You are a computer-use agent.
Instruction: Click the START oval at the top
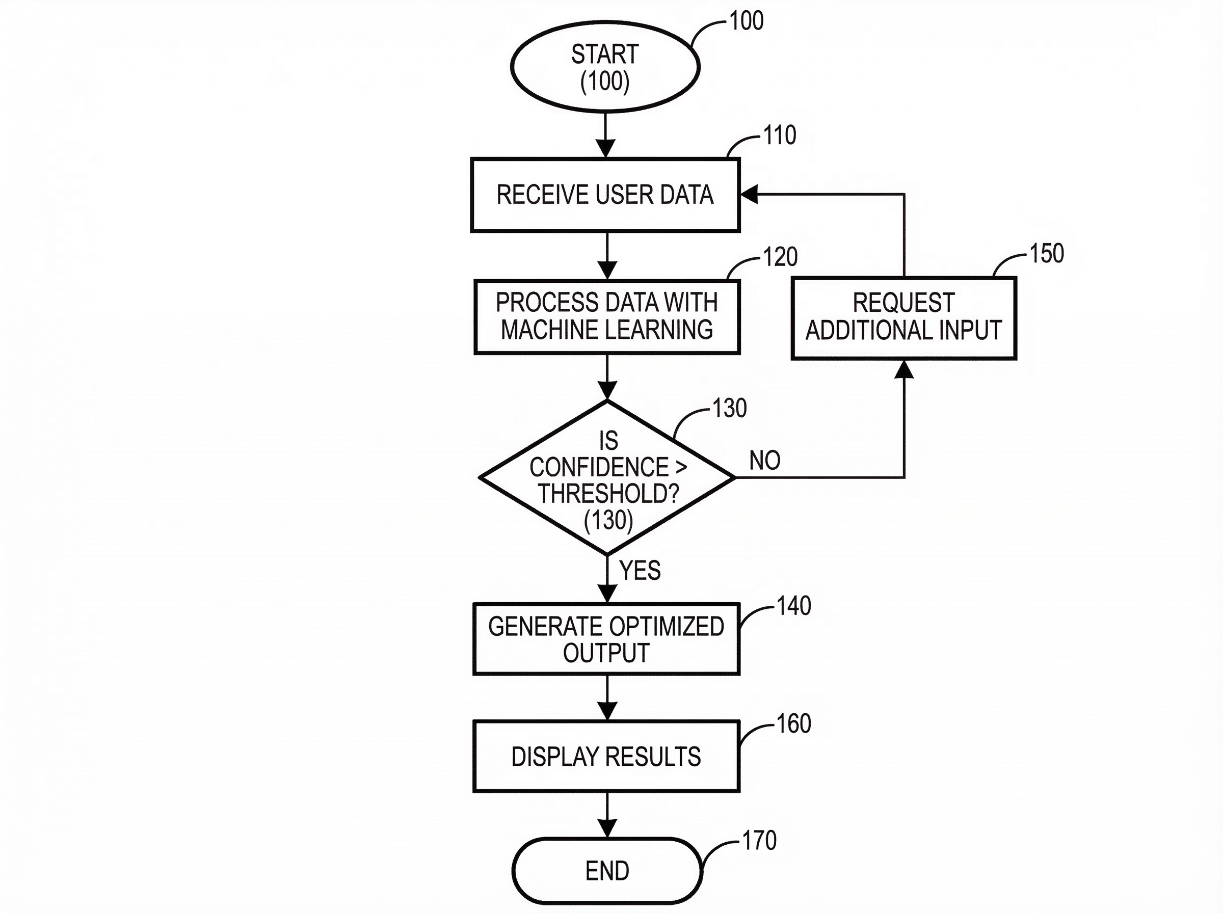coord(605,67)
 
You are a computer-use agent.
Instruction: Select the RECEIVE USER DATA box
coord(605,195)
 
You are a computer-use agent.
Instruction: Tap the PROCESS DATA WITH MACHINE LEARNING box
coord(607,317)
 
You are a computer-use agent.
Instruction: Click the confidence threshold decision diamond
coord(607,477)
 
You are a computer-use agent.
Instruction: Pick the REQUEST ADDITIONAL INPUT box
coord(903,318)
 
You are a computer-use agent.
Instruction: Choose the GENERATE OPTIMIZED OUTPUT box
coord(606,639)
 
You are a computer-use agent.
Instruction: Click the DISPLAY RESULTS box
coord(606,757)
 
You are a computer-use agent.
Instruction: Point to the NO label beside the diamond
coord(765,461)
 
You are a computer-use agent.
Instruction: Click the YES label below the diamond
coord(640,570)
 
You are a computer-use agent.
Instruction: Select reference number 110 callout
coord(780,135)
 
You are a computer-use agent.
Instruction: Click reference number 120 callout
coord(780,257)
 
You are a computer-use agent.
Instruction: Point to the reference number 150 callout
coord(1047,254)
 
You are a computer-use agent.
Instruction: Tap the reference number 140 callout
coord(794,606)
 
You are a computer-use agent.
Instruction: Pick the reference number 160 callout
coord(794,723)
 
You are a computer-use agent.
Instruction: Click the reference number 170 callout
coord(759,841)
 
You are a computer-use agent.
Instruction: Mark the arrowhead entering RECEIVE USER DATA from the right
coord(749,195)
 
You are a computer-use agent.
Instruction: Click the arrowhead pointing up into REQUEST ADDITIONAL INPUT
coord(903,369)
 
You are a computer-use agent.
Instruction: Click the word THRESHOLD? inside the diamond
coord(608,493)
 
